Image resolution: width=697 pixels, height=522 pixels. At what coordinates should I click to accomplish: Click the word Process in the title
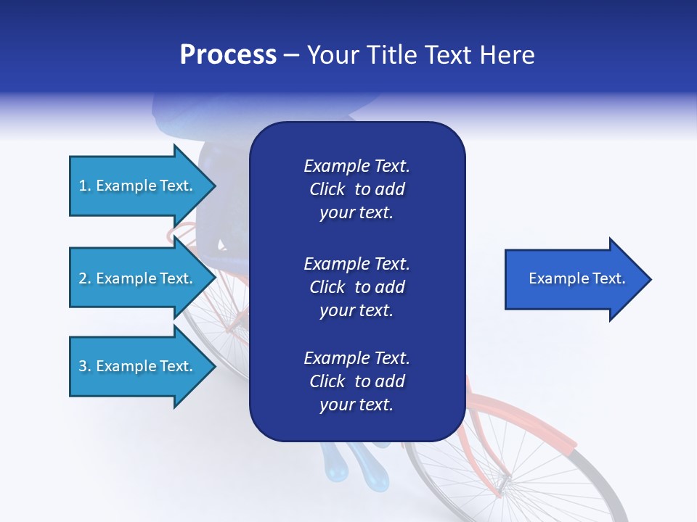(x=228, y=55)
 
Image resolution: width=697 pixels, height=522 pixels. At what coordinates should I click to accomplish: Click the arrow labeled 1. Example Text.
(x=138, y=186)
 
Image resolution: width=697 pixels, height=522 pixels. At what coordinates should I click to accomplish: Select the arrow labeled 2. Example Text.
(x=138, y=278)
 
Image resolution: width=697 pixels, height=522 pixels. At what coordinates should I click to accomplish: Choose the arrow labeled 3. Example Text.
(x=138, y=366)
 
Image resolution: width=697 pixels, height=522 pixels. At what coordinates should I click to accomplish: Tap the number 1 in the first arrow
(x=82, y=186)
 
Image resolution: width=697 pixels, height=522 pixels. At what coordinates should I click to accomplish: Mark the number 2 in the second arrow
(x=83, y=278)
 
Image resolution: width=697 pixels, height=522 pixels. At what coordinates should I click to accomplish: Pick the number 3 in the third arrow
(x=83, y=366)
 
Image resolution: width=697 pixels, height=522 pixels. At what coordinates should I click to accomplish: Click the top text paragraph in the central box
(x=356, y=189)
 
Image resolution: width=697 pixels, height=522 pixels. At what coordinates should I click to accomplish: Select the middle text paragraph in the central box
(x=356, y=287)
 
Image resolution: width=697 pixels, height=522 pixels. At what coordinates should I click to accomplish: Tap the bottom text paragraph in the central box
(x=356, y=381)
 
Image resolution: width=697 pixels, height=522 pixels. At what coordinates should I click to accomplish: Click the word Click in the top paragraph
(x=327, y=189)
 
